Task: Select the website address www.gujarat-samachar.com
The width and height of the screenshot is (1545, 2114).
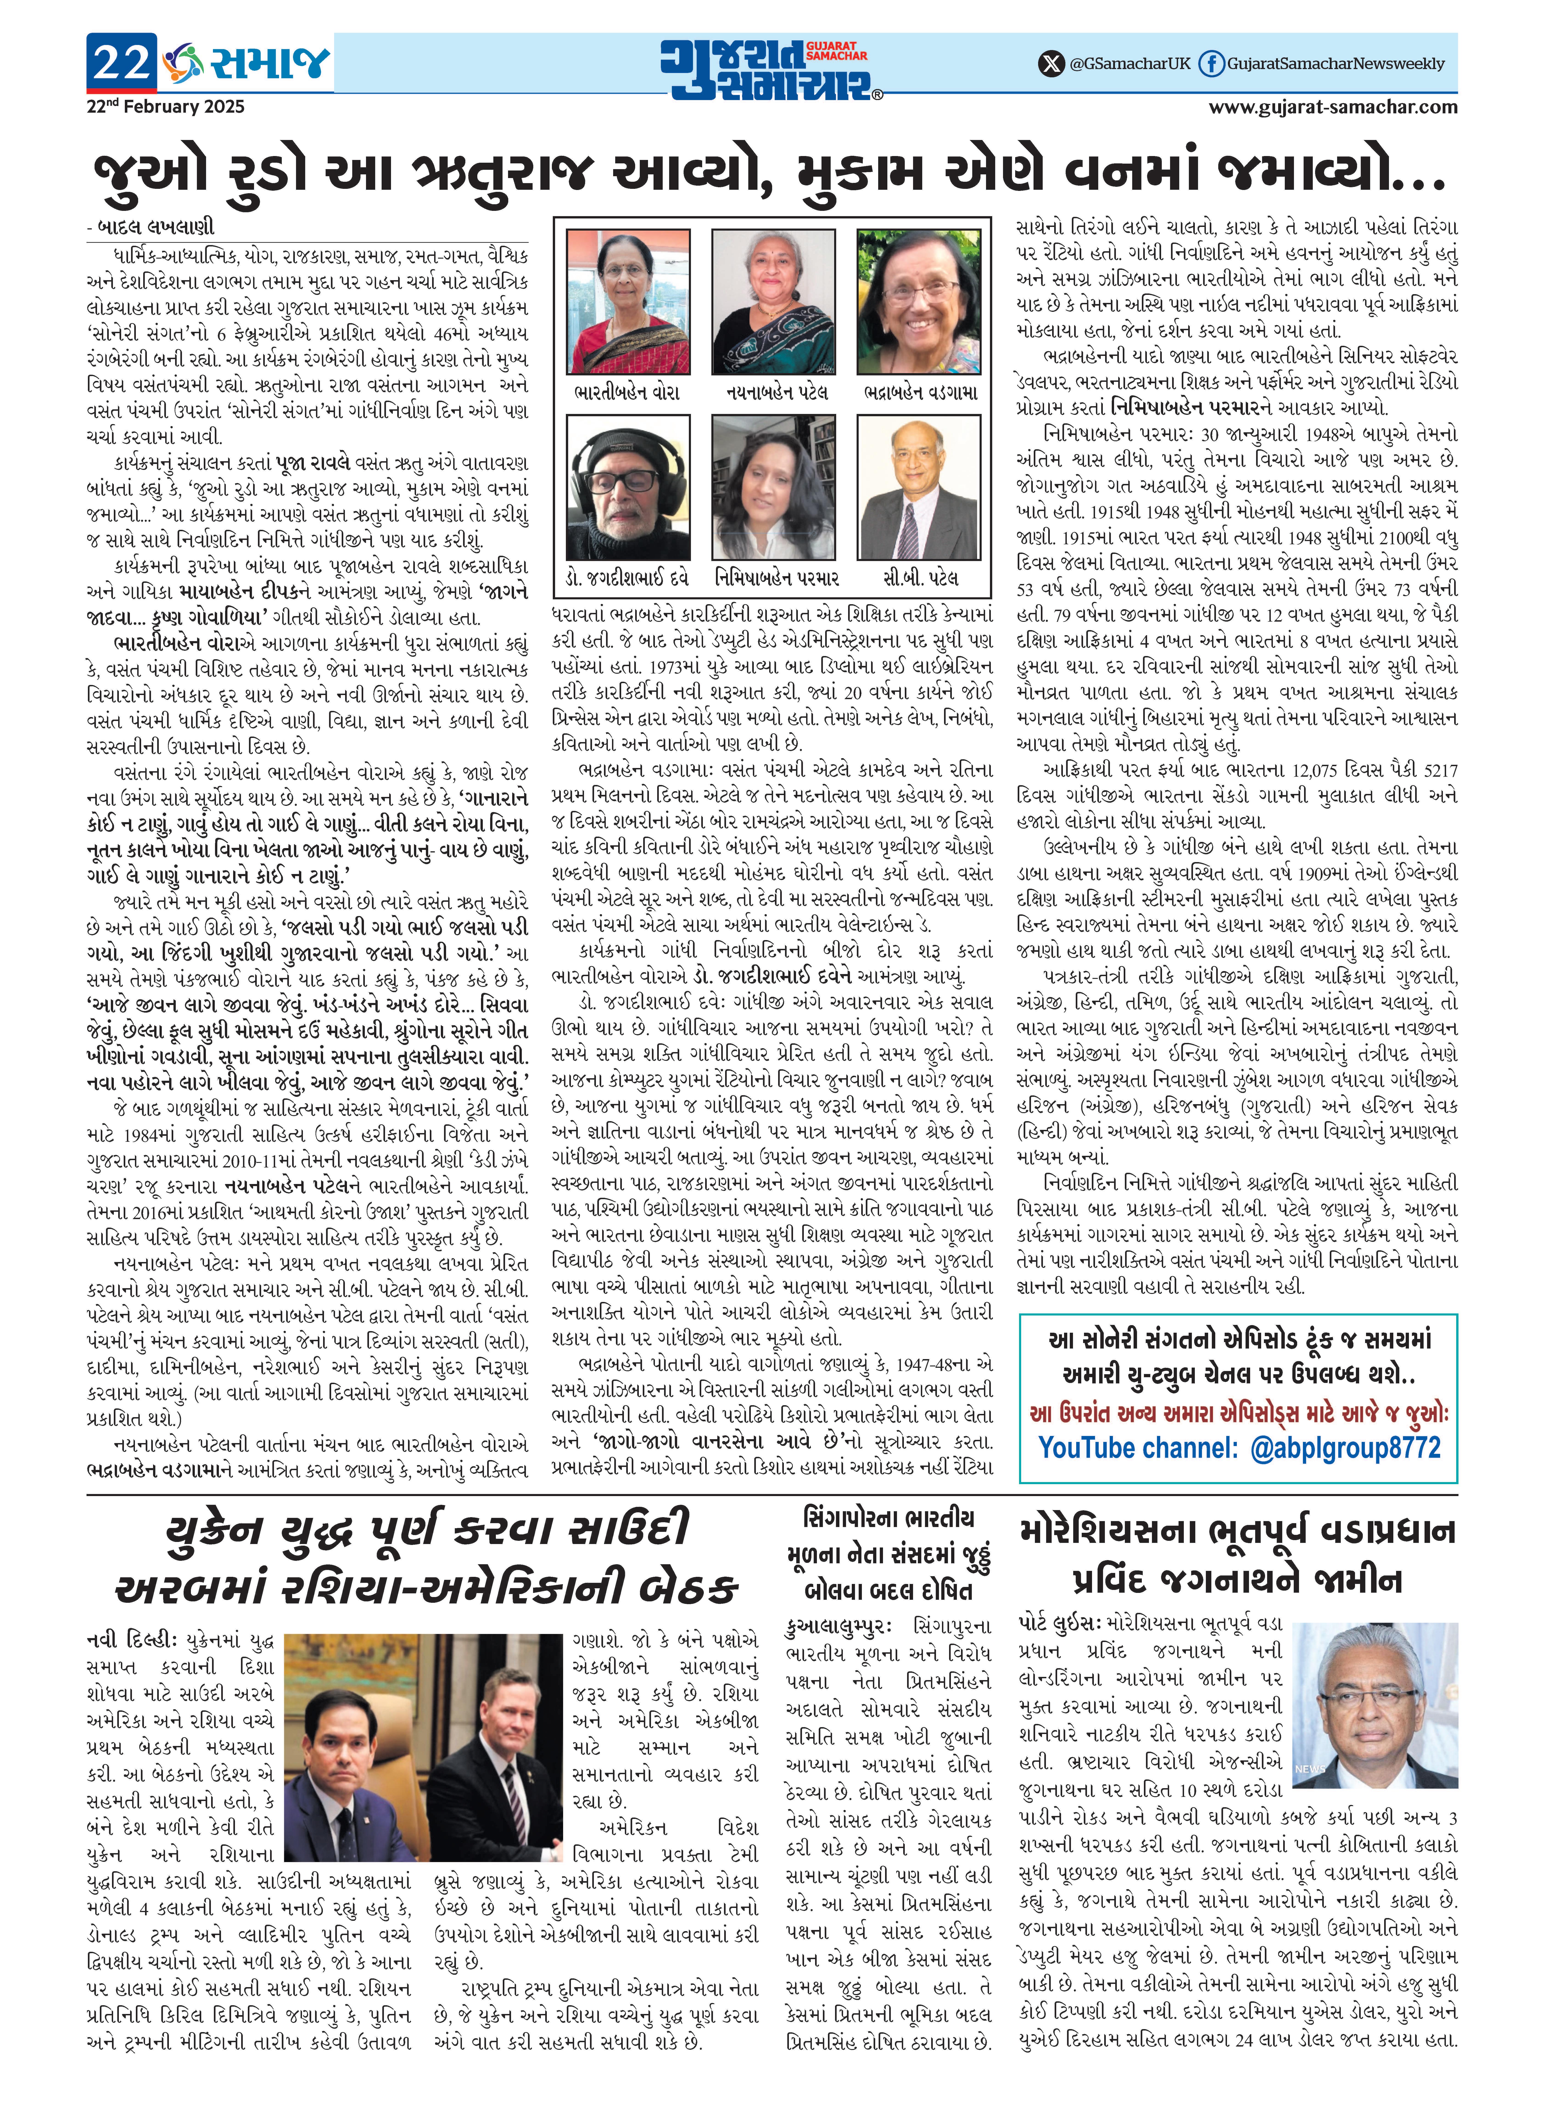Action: (1333, 107)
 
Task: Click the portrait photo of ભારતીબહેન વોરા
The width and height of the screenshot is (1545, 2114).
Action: (629, 302)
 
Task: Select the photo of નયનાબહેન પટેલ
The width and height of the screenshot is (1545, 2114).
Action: (774, 302)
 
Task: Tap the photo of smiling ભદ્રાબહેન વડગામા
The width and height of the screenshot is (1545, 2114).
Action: (918, 302)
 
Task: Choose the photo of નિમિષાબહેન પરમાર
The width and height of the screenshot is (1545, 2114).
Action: (774, 488)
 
